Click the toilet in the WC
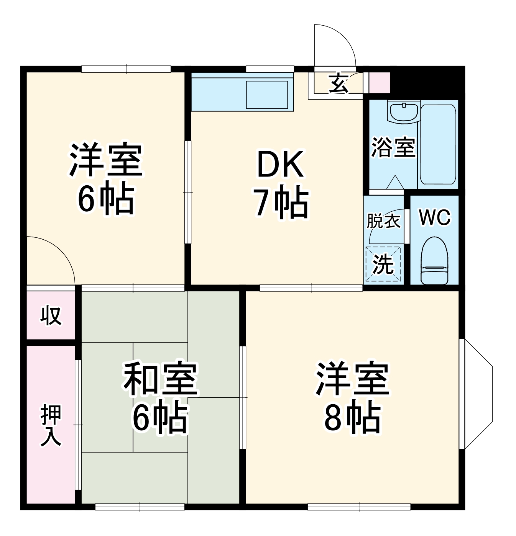pyautogui.click(x=435, y=260)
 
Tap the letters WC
pyautogui.click(x=435, y=217)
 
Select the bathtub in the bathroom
pyautogui.click(x=438, y=145)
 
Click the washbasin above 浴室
pyautogui.click(x=404, y=111)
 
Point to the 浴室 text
pyautogui.click(x=393, y=148)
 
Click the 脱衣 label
pyautogui.click(x=383, y=221)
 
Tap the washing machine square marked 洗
pyautogui.click(x=383, y=264)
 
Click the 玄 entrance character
pyautogui.click(x=339, y=84)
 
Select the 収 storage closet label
pyautogui.click(x=51, y=315)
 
